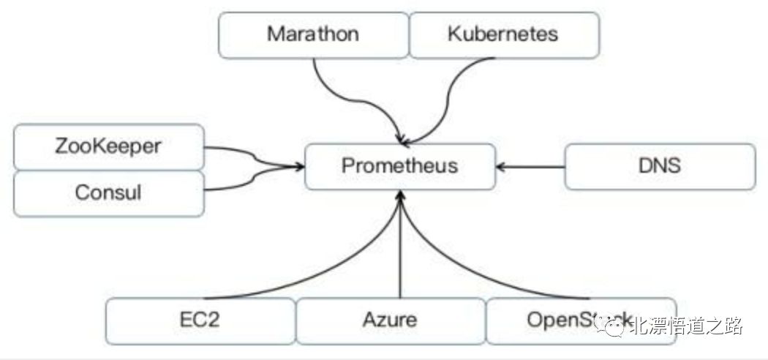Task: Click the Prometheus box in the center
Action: [399, 165]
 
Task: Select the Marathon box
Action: [313, 34]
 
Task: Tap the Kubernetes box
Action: [504, 34]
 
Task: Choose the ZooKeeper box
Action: [108, 146]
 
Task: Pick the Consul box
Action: [108, 193]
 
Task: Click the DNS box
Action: [659, 165]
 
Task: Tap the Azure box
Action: [390, 320]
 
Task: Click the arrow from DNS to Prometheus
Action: [530, 166]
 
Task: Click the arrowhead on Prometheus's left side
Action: [298, 167]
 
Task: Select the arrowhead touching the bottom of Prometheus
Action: [400, 196]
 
